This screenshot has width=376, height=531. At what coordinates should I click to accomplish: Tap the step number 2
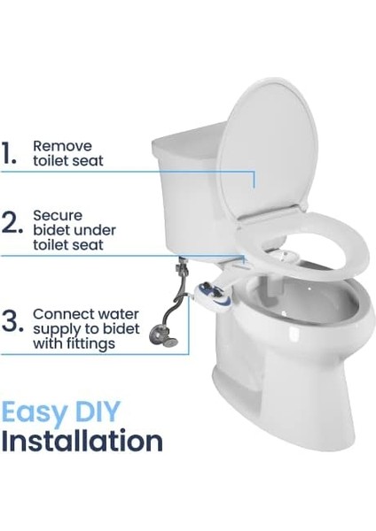point(12,225)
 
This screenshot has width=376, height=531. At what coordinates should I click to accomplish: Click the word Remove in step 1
point(58,144)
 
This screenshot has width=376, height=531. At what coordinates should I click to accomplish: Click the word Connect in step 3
point(59,313)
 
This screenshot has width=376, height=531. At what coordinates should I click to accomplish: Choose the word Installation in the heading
point(82,441)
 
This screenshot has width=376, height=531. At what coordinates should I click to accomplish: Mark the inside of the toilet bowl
point(293,305)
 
